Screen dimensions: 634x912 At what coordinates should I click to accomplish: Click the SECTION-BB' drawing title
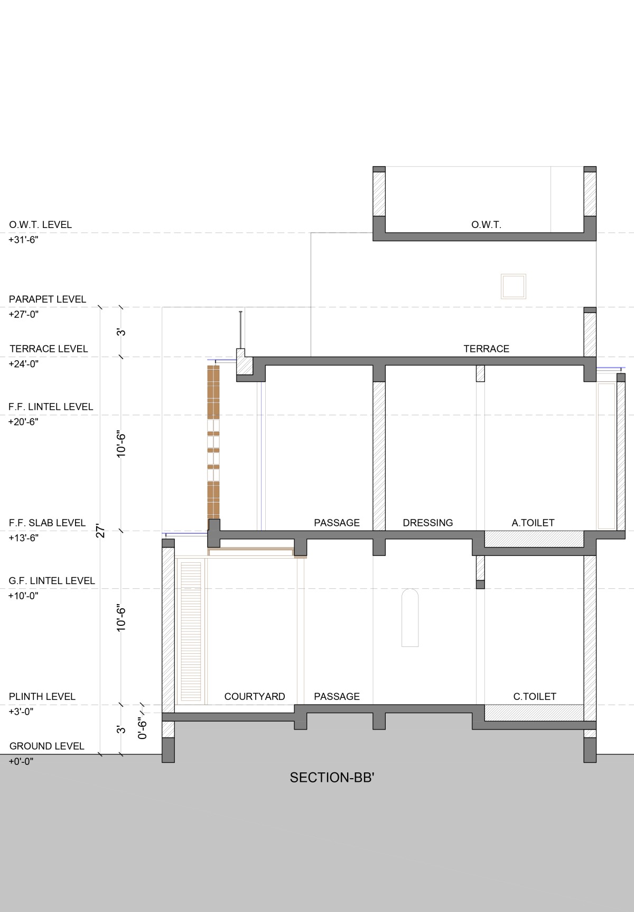pyautogui.click(x=332, y=777)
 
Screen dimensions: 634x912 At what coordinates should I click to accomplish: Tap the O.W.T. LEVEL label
pyautogui.click(x=40, y=224)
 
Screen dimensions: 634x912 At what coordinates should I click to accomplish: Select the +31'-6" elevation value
pyautogui.click(x=24, y=240)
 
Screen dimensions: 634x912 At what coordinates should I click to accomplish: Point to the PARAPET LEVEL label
pyautogui.click(x=48, y=299)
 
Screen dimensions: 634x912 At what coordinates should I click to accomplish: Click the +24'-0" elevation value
pyautogui.click(x=24, y=364)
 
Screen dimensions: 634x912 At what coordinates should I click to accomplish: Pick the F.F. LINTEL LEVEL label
pyautogui.click(x=51, y=407)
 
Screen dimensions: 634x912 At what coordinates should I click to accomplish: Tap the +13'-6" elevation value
pyautogui.click(x=24, y=538)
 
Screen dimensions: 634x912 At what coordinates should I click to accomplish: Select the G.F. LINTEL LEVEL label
pyautogui.click(x=52, y=580)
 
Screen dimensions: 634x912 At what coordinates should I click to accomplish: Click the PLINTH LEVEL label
pyautogui.click(x=42, y=696)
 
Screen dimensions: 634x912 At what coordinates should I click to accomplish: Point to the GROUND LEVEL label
pyautogui.click(x=47, y=746)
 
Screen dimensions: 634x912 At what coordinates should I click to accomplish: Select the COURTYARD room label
pyautogui.click(x=255, y=696)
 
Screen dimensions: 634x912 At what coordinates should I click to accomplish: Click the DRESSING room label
pyautogui.click(x=428, y=523)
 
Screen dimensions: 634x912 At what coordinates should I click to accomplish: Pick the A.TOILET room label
pyautogui.click(x=533, y=523)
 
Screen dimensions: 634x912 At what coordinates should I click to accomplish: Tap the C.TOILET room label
pyautogui.click(x=535, y=696)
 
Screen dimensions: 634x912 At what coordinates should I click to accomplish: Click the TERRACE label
pyautogui.click(x=487, y=349)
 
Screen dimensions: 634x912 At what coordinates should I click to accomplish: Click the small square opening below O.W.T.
pyautogui.click(x=514, y=286)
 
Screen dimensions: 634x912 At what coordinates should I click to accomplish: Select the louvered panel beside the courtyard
pyautogui.click(x=191, y=631)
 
